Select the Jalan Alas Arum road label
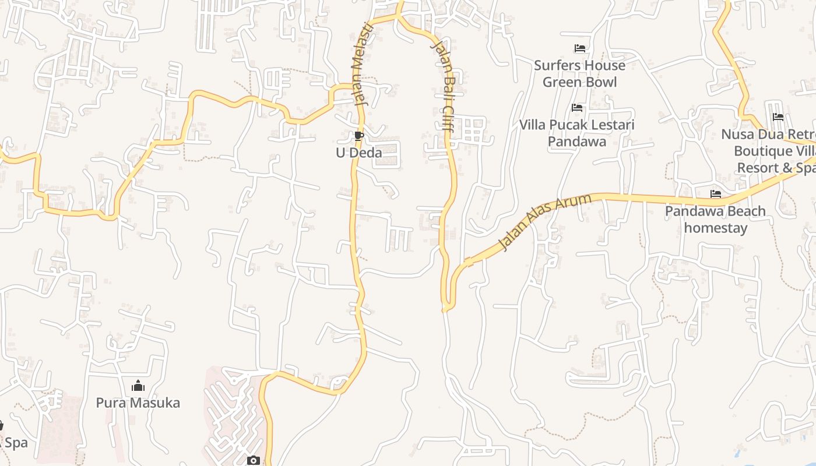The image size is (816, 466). (545, 222)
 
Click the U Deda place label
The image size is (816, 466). (359, 153)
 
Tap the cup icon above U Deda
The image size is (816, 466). (359, 136)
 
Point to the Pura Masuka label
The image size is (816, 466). (138, 403)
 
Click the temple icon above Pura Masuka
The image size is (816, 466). (138, 386)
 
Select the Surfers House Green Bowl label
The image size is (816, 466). (579, 73)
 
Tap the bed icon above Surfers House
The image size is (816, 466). (579, 48)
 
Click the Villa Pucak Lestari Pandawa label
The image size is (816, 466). (577, 133)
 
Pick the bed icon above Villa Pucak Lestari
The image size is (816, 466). (577, 108)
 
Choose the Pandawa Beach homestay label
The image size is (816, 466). (715, 219)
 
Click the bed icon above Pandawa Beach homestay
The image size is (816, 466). (716, 194)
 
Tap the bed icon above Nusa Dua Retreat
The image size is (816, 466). (778, 117)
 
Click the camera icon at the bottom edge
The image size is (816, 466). (254, 461)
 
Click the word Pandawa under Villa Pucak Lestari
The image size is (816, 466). (577, 142)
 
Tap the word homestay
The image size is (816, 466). (716, 228)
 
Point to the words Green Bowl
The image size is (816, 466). (579, 82)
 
